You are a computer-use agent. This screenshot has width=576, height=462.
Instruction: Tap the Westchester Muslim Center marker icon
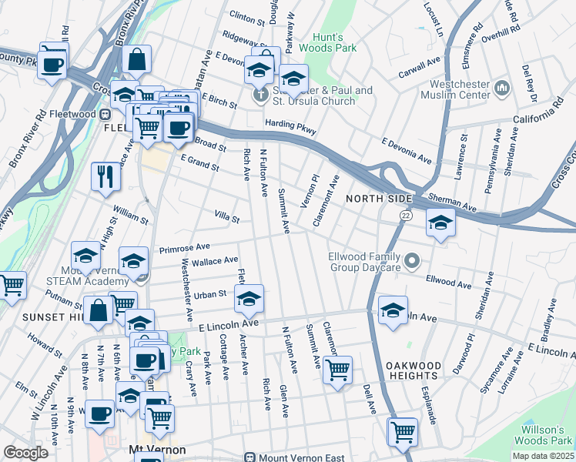tap(502, 88)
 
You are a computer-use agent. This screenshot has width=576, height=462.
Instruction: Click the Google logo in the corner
tap(26, 453)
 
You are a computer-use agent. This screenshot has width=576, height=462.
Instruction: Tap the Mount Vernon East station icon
tap(249, 457)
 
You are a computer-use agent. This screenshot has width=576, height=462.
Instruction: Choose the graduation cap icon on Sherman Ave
tap(440, 222)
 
